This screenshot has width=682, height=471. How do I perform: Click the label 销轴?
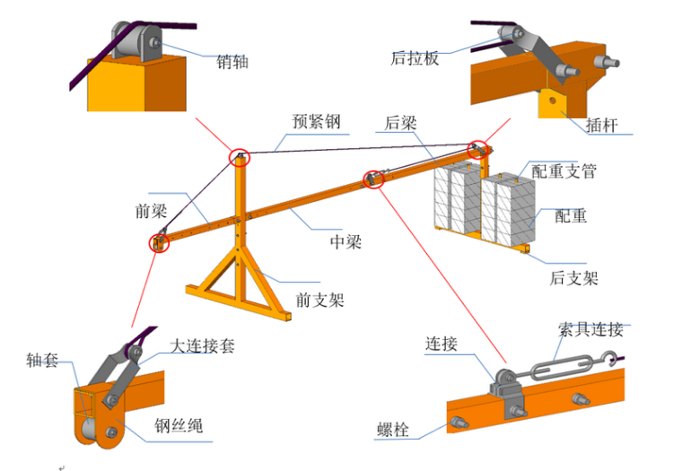pyautogui.click(x=232, y=63)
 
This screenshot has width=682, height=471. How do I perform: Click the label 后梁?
pyautogui.click(x=401, y=124)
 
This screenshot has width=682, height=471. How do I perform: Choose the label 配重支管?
pyautogui.click(x=564, y=170)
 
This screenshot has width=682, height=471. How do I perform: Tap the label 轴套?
pyautogui.click(x=42, y=361)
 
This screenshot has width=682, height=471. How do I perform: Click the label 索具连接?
pyautogui.click(x=590, y=329)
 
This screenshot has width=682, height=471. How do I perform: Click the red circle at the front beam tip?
pyautogui.click(x=160, y=243)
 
